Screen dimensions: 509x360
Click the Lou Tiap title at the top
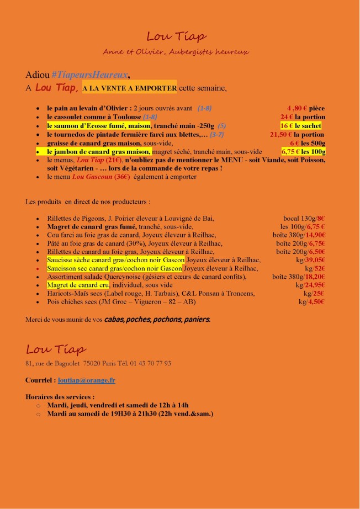(x=176, y=36)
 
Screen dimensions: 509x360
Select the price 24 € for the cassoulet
(x=287, y=117)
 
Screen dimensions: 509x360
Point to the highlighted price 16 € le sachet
(x=301, y=126)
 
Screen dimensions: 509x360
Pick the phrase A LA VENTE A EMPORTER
(x=129, y=88)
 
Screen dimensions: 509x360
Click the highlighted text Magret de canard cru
(x=77, y=285)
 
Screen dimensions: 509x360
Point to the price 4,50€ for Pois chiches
(x=316, y=302)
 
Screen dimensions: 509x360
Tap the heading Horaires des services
(x=60, y=396)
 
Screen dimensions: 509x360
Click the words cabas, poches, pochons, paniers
(x=157, y=319)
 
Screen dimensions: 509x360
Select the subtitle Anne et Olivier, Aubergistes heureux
(x=176, y=51)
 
